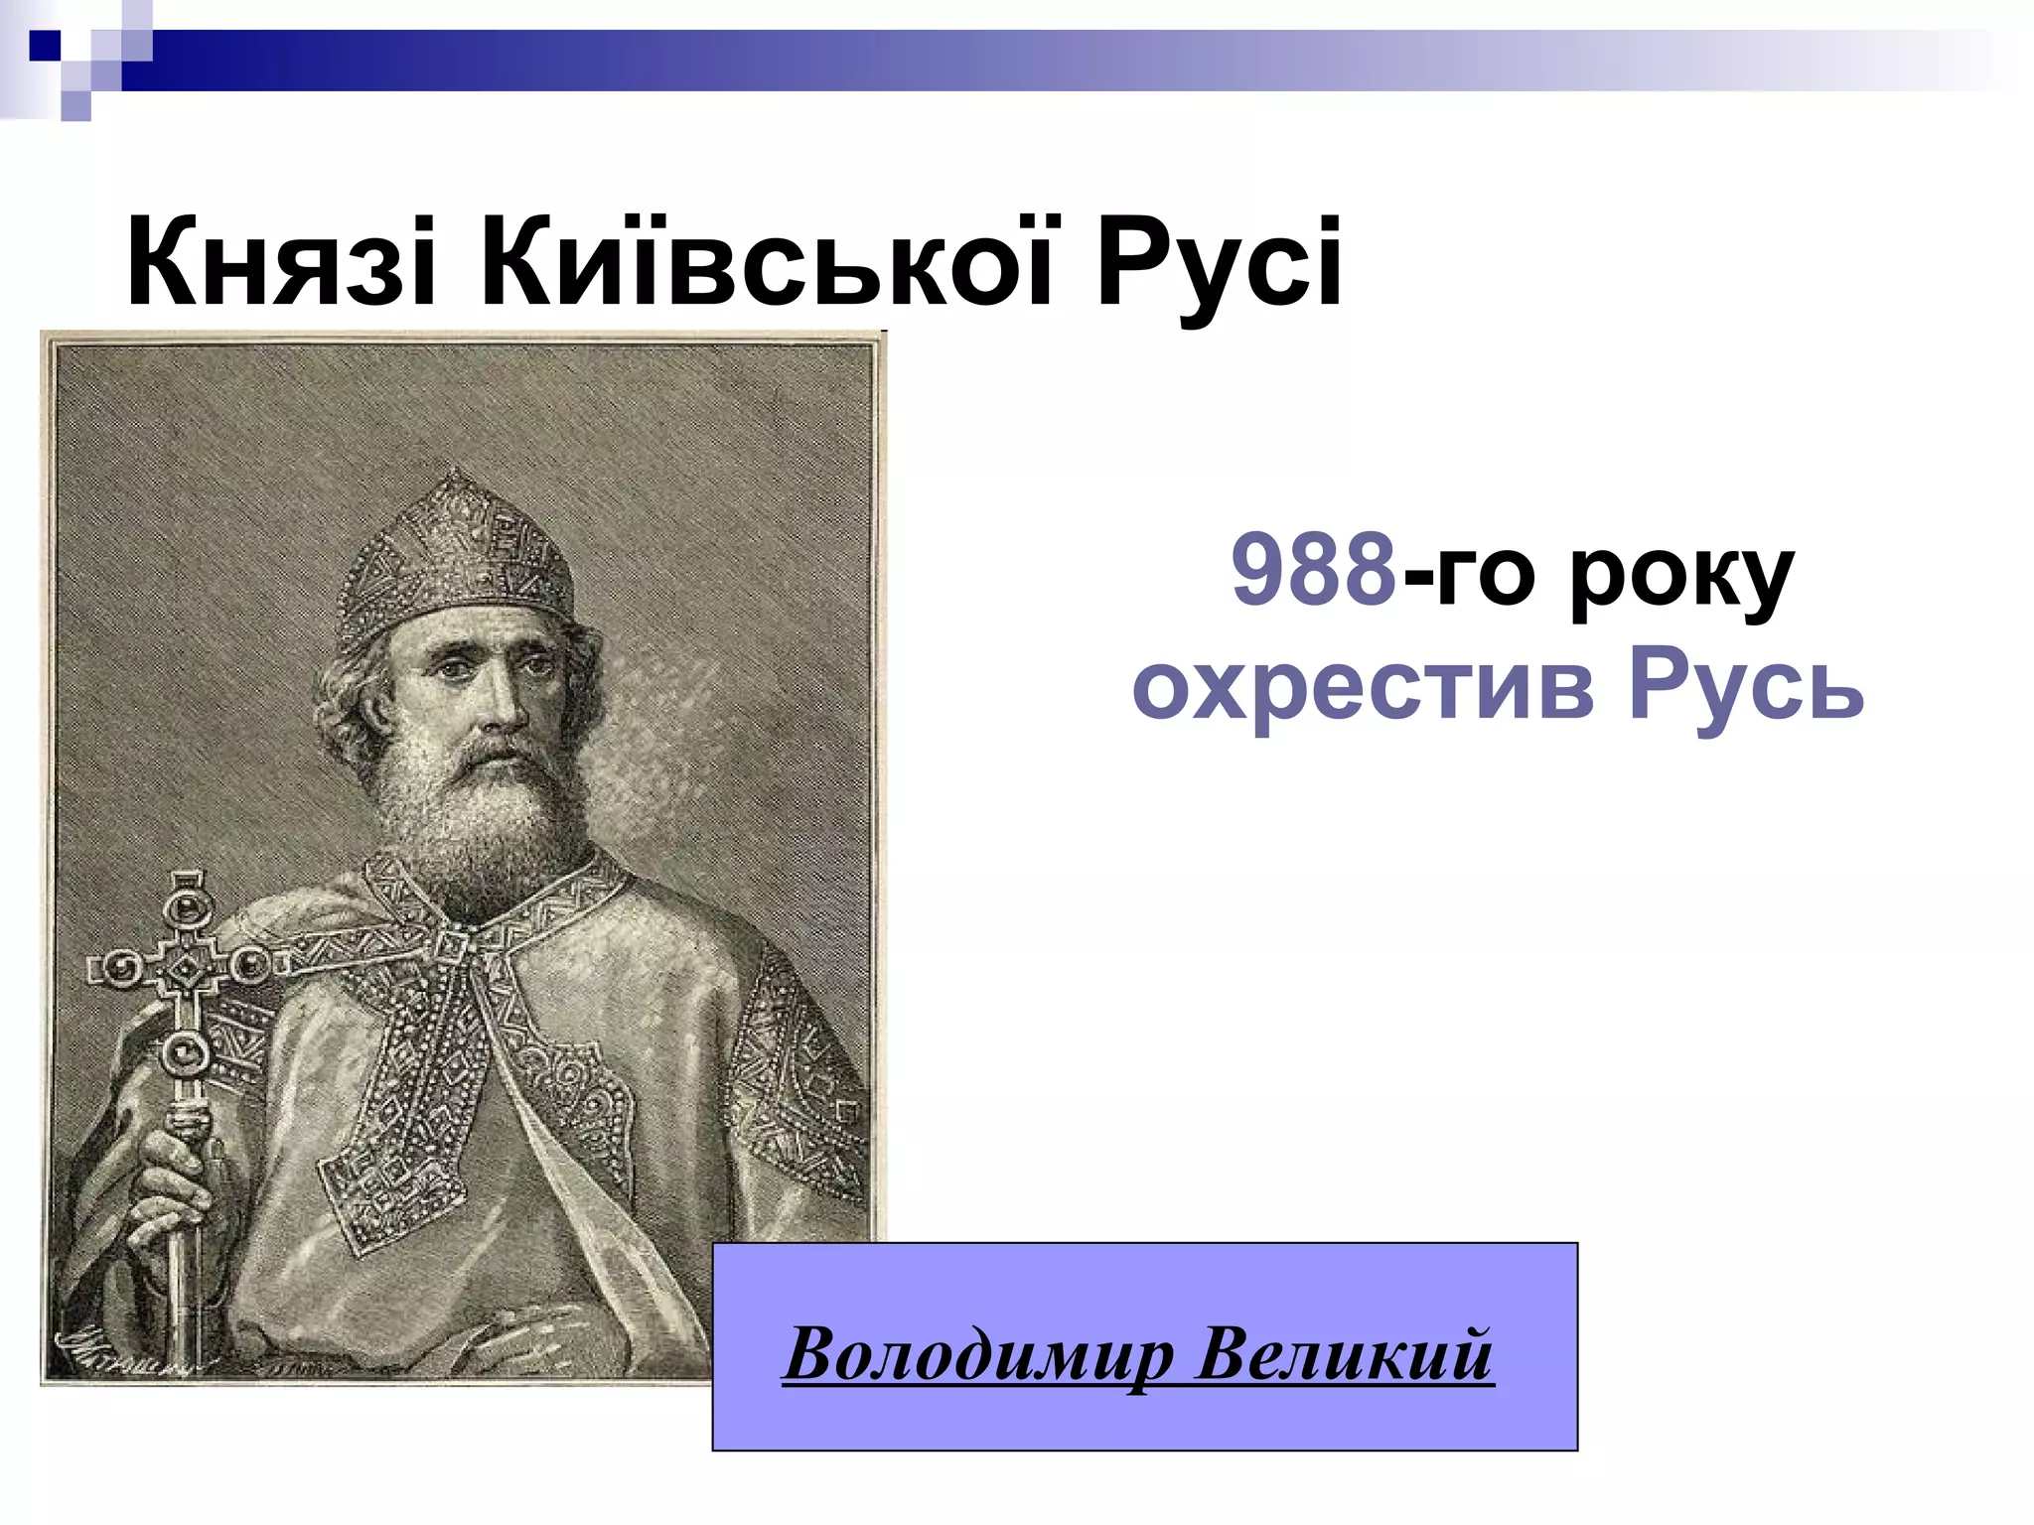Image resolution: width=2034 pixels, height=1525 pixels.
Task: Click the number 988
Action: [1314, 571]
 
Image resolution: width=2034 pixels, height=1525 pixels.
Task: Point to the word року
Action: [1680, 576]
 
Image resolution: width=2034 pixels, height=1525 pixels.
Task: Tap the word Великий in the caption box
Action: [1344, 1355]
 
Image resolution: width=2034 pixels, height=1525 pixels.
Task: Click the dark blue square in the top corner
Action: [45, 45]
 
